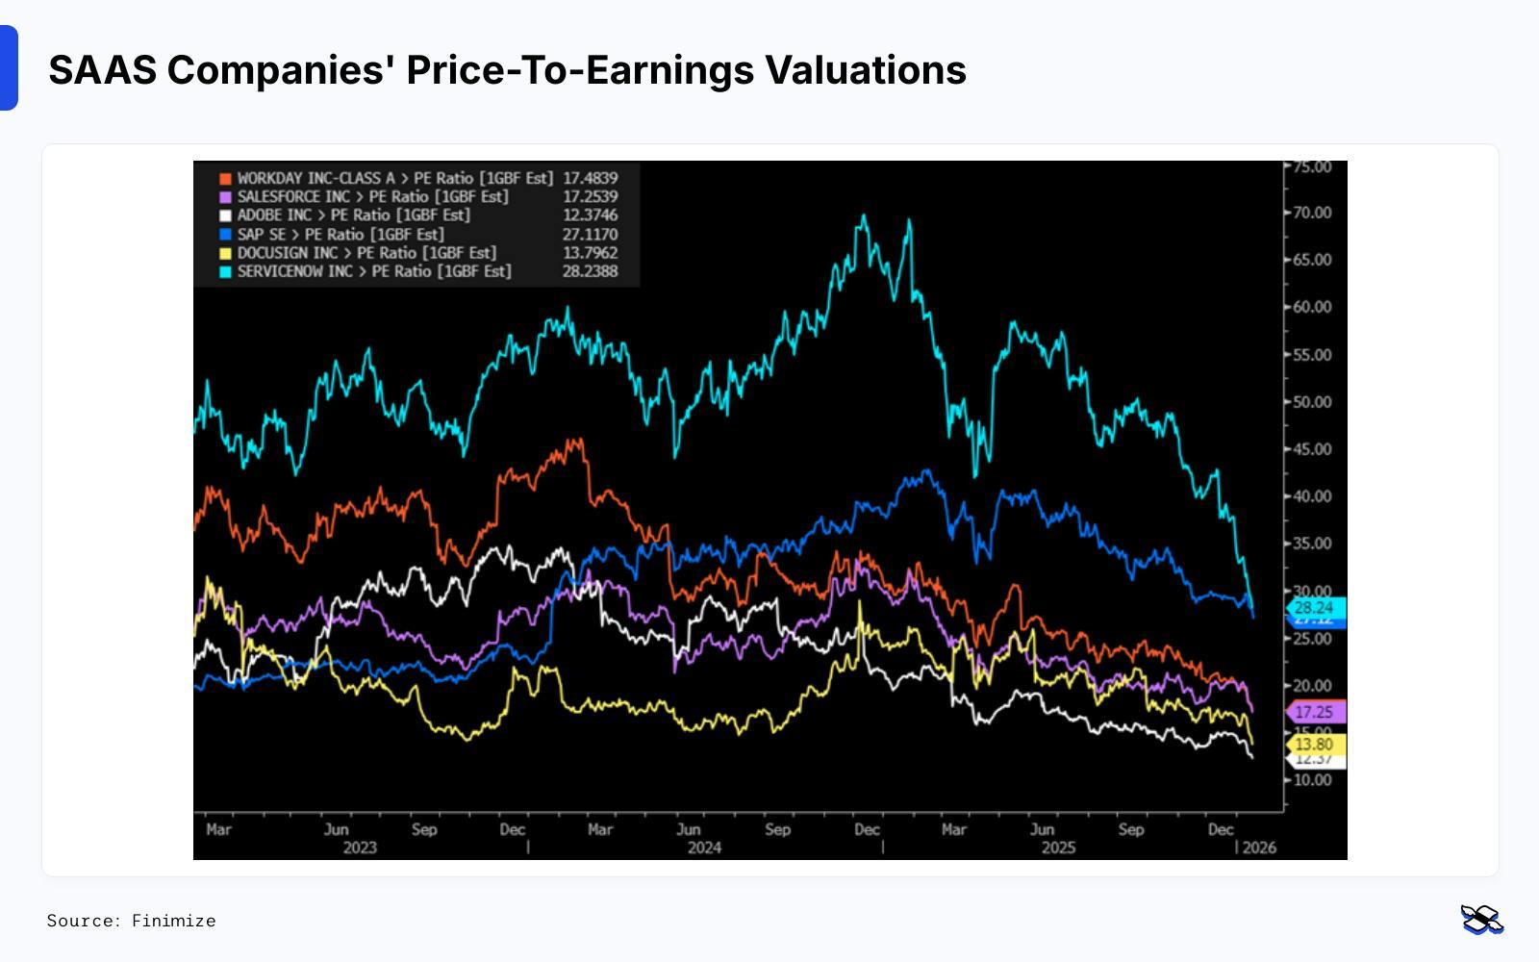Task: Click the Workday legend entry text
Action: (394, 178)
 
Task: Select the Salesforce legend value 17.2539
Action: (590, 196)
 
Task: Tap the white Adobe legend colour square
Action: (225, 215)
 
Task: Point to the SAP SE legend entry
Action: (341, 234)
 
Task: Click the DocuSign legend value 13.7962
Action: (590, 253)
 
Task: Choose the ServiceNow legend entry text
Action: (374, 271)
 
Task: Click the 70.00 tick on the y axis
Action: (1312, 213)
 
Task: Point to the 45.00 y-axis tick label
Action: (1312, 449)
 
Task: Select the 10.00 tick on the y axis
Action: (1312, 780)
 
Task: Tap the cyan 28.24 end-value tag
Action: (1314, 608)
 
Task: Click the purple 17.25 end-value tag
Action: (1314, 712)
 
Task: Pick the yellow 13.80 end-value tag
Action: (1314, 745)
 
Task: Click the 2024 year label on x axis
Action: (704, 848)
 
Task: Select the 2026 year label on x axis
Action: (1259, 848)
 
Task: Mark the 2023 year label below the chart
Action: (360, 848)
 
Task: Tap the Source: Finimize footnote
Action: (132, 921)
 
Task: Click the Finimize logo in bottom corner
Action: (1481, 920)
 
